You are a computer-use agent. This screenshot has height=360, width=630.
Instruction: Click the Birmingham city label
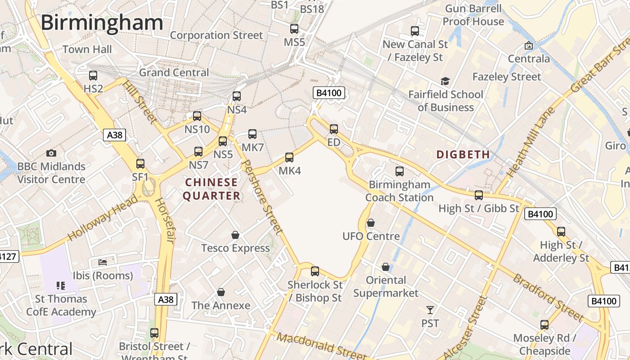[x=102, y=22]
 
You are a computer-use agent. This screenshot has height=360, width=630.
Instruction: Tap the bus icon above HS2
[x=93, y=76]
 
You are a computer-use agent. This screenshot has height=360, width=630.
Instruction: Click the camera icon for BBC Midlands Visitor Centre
[x=51, y=153]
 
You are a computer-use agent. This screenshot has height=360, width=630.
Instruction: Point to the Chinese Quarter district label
[x=211, y=189]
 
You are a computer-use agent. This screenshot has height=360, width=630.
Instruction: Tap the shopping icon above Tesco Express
[x=235, y=235]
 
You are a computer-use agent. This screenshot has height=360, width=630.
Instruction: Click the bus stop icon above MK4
[x=289, y=157]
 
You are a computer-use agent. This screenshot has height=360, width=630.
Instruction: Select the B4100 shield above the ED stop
[x=329, y=93]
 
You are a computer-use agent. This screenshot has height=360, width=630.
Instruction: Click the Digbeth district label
[x=463, y=155]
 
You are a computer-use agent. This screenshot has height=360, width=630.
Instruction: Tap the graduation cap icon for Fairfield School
[x=445, y=81]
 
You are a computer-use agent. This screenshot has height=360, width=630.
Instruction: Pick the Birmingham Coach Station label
[x=399, y=191]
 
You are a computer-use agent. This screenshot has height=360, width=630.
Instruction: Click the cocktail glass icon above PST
[x=430, y=310]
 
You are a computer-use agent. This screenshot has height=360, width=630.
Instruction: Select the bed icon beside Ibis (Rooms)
[x=103, y=262]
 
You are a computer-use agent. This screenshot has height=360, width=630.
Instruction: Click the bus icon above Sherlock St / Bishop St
[x=315, y=271]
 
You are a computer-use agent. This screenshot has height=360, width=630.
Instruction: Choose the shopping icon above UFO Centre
[x=371, y=223]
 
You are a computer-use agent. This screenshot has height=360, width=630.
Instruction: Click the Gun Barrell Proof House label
[x=473, y=15]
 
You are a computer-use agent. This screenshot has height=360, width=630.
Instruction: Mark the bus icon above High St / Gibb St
[x=479, y=195]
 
